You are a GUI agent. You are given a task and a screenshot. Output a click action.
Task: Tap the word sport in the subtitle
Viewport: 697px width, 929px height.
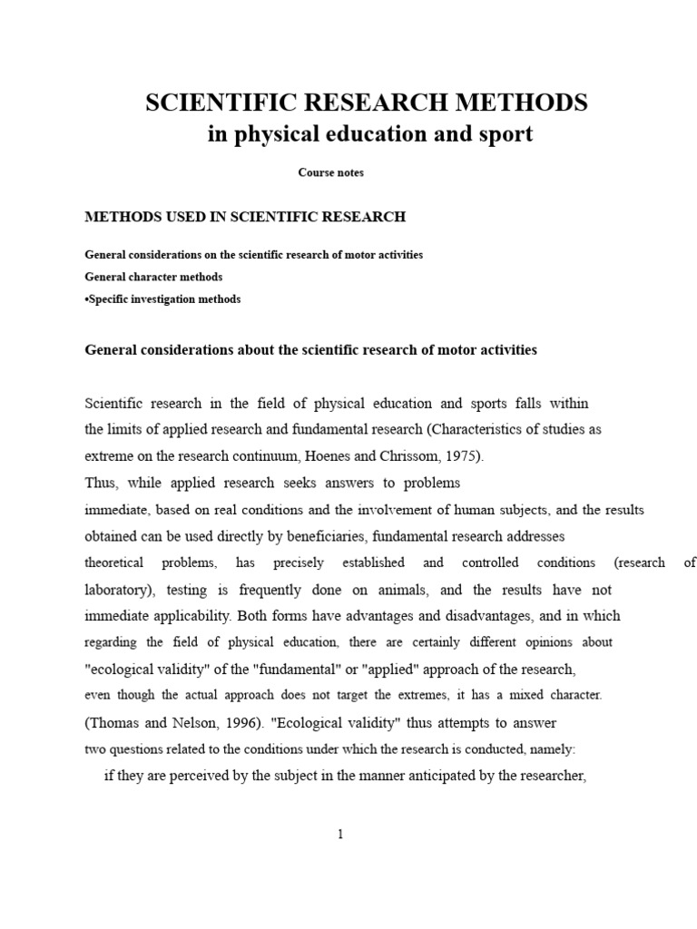tap(505, 134)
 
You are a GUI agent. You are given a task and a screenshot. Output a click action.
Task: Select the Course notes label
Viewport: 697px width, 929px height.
tap(331, 172)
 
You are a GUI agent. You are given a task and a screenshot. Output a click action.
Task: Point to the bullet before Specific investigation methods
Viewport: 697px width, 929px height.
tap(86, 299)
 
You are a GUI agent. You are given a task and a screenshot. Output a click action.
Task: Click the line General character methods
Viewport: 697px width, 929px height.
tap(153, 277)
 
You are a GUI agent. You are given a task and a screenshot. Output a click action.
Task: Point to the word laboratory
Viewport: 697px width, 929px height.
tap(115, 590)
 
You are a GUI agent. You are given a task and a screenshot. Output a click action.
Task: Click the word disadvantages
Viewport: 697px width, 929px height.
tap(444, 616)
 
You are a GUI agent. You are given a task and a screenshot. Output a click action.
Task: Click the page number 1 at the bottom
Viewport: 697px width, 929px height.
tap(339, 836)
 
